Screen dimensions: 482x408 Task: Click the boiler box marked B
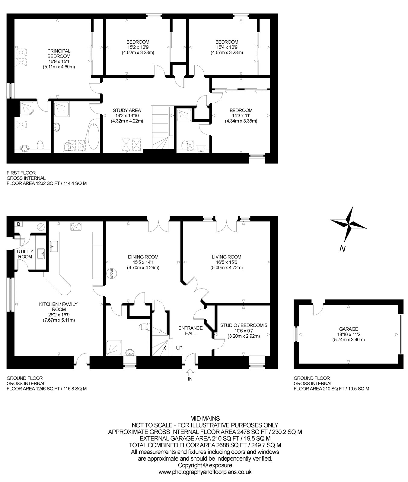[19, 224]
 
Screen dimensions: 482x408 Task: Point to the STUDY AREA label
[127, 110]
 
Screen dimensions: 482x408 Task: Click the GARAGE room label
[349, 329]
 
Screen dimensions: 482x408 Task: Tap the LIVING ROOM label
[226, 257]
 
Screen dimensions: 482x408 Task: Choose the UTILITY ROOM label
[25, 254]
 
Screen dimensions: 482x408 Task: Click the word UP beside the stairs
[179, 348]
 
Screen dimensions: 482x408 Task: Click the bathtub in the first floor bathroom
[93, 135]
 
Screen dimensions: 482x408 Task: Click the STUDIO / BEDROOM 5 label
[244, 325]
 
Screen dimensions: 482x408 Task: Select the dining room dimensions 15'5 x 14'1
[143, 262]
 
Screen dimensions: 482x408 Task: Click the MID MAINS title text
[205, 418]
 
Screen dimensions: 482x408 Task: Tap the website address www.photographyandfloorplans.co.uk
[205, 472]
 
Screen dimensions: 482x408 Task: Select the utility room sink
[41, 254]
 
